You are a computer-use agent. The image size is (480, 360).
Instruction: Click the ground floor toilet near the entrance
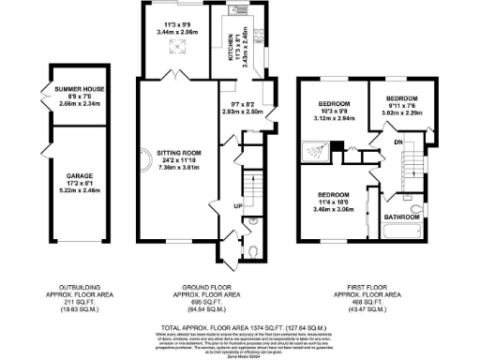[257, 250]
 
